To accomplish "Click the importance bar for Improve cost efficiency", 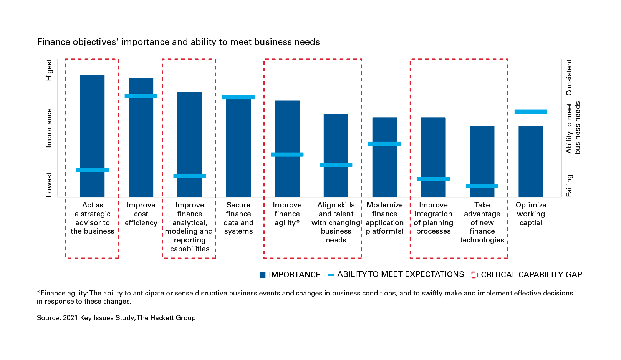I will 141,146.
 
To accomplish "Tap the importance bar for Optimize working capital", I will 531,161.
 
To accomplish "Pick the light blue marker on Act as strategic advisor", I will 92,169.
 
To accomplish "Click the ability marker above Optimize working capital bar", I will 531,112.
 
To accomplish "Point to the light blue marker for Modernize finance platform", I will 384,144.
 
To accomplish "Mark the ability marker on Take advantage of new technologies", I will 482,186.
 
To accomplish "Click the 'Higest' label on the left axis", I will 49,70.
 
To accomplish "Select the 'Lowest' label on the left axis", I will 49,184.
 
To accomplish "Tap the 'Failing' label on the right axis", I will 569,186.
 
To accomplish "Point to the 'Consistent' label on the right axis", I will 569,77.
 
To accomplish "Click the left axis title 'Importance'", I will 49,128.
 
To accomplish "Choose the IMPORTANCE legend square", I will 263,275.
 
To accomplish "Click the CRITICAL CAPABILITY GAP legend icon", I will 475,275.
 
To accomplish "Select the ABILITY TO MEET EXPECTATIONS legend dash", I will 331,275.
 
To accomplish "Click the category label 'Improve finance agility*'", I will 287,214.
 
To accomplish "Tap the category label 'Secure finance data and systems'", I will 238,218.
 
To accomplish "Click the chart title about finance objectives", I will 179,42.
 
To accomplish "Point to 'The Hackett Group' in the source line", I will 166,318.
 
